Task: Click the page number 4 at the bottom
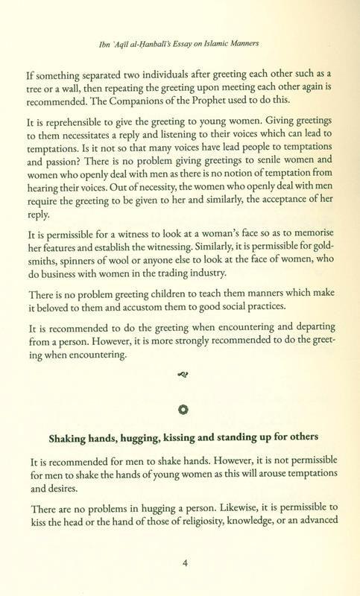[x=185, y=563]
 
